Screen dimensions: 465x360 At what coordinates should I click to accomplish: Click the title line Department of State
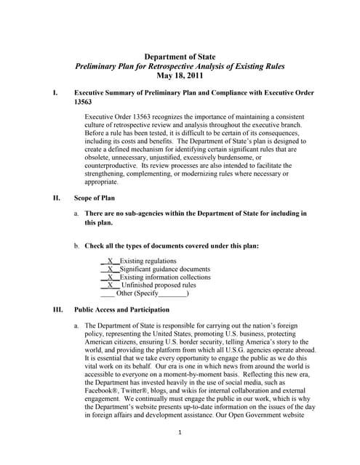pyautogui.click(x=180, y=56)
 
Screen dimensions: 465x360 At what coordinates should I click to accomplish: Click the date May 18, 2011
pyautogui.click(x=180, y=75)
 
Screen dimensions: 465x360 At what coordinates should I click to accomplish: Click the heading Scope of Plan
pyautogui.click(x=99, y=197)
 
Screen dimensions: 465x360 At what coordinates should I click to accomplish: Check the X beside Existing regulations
pyautogui.click(x=110, y=260)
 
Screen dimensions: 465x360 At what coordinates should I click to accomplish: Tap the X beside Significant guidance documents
pyautogui.click(x=110, y=269)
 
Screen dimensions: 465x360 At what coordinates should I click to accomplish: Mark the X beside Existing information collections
pyautogui.click(x=110, y=277)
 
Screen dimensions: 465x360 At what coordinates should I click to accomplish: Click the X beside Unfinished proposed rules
pyautogui.click(x=110, y=286)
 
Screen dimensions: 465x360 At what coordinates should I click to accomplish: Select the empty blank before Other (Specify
pyautogui.click(x=107, y=294)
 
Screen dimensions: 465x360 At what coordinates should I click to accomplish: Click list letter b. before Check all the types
pyautogui.click(x=76, y=246)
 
